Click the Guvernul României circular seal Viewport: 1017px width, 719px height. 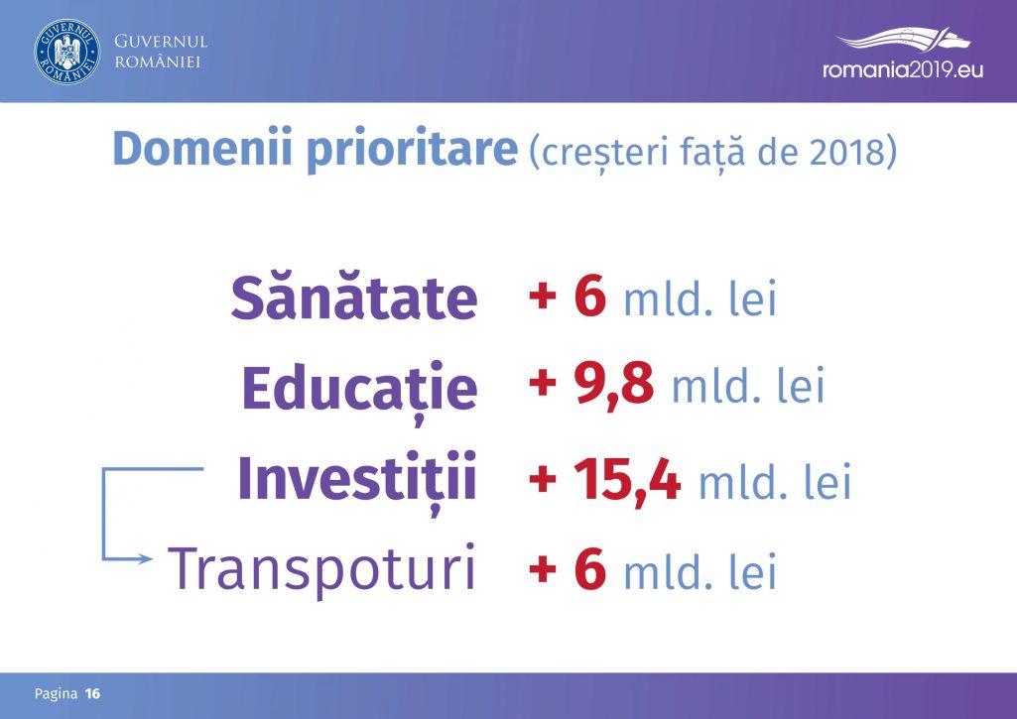(67, 52)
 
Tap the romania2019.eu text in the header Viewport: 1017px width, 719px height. (903, 69)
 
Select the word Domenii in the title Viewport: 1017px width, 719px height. (202, 149)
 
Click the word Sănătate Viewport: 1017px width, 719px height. (354, 298)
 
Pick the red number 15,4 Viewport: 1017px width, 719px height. (627, 481)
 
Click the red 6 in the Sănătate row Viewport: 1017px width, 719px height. (590, 296)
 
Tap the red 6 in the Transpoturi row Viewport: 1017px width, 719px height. (590, 568)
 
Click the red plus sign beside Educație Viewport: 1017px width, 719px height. (543, 383)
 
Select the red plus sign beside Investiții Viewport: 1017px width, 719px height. (543, 480)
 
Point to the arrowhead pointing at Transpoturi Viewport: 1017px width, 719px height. (145, 558)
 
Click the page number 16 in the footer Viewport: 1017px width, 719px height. (92, 694)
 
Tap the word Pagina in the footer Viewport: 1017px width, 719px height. (56, 694)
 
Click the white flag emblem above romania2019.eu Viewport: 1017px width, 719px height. (904, 39)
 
